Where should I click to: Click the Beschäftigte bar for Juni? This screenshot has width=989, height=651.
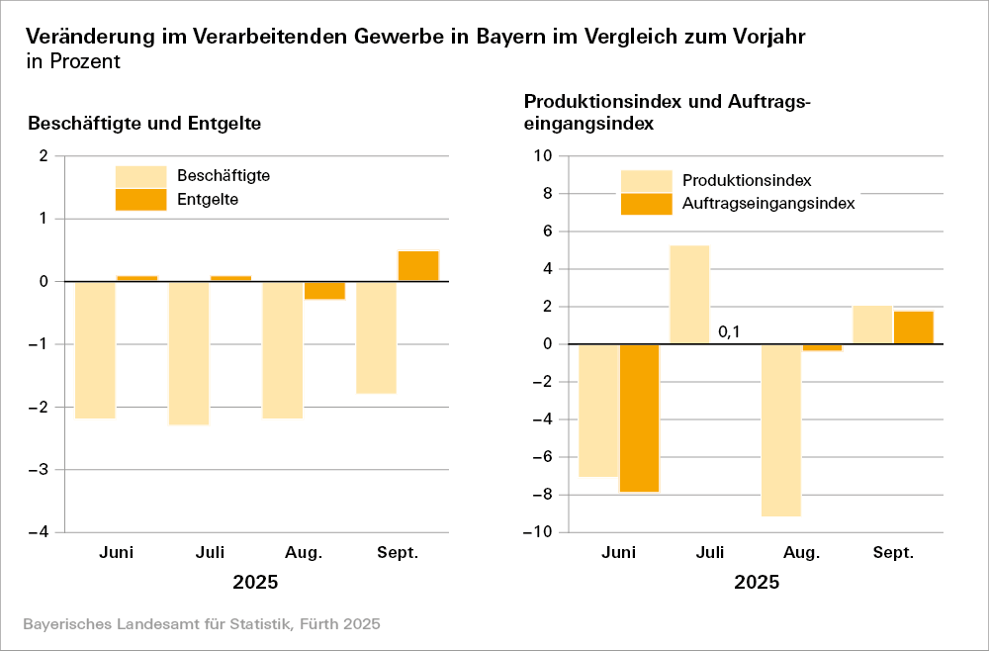coord(95,350)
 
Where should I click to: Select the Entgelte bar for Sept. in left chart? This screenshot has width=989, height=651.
coord(418,266)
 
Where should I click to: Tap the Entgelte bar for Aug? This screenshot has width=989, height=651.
coord(324,291)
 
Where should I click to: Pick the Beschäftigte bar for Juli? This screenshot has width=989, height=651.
coord(188,353)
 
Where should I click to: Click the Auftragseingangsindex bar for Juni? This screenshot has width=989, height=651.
coord(639,418)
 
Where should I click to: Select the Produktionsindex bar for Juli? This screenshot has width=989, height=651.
coord(689,295)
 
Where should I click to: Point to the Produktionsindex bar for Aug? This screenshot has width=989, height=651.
coord(781,430)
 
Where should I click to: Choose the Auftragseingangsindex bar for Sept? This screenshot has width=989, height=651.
coord(913,327)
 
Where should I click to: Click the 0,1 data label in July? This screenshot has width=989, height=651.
coord(729,332)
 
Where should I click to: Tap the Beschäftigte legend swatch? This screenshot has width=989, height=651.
coord(140,176)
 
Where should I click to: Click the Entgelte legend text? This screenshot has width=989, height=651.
coord(209,199)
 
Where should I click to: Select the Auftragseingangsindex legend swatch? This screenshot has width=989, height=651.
coord(646,204)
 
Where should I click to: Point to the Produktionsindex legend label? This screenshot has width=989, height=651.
coord(747,180)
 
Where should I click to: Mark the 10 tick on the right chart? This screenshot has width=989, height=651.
coord(542,156)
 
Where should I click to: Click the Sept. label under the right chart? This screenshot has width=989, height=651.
coord(893,552)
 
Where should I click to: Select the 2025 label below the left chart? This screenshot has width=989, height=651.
coord(255,582)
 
